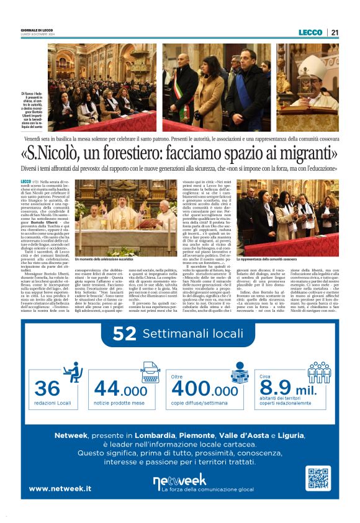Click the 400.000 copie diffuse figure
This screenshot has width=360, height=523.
pyautogui.click(x=204, y=390)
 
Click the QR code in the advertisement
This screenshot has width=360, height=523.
pyautogui.click(x=317, y=479)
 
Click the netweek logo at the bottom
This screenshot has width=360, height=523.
pyautogui.click(x=179, y=480)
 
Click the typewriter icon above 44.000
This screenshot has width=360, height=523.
pyautogui.click(x=150, y=371)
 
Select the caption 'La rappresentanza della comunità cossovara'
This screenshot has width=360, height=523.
pyautogui.click(x=267, y=259)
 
